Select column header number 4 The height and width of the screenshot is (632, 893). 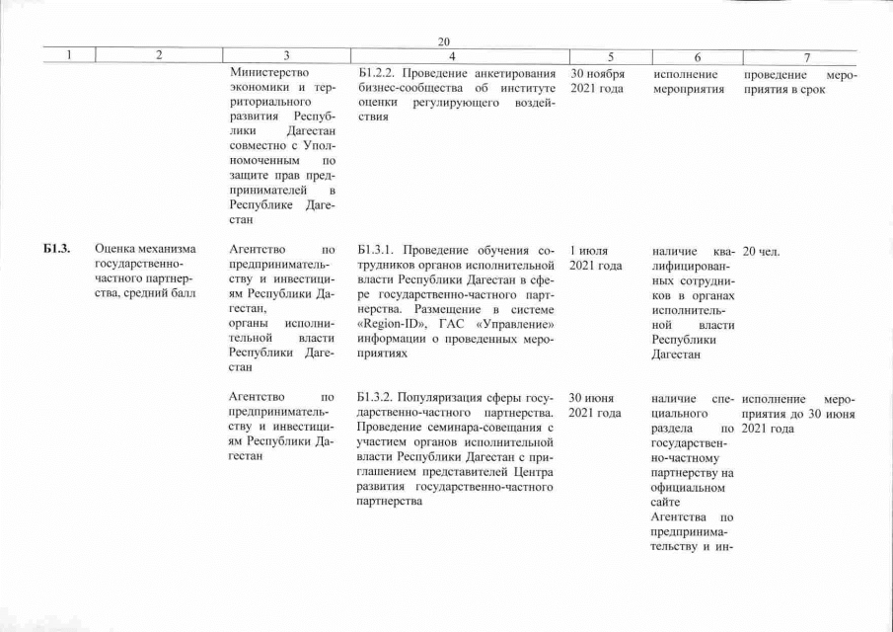tap(451, 57)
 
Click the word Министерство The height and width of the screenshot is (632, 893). tap(268, 73)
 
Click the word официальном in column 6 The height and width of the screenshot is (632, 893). tap(689, 487)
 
